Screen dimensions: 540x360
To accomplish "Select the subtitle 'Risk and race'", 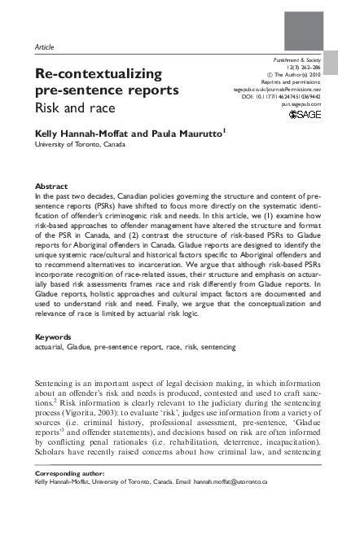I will point(69,108).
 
